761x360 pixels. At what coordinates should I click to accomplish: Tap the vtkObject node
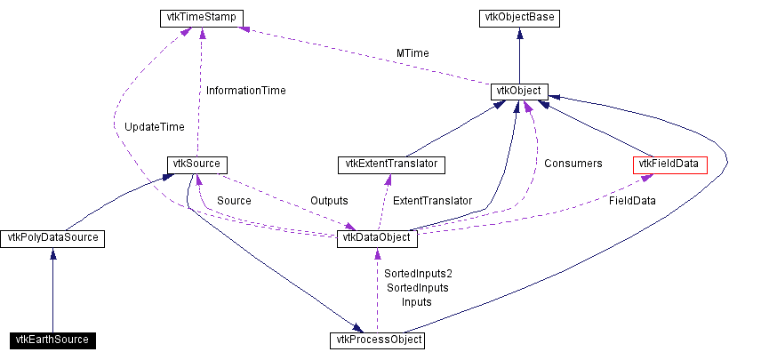coord(519,91)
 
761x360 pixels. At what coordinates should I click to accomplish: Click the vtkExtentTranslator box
coord(391,164)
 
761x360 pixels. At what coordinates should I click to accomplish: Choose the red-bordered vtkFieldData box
coord(669,164)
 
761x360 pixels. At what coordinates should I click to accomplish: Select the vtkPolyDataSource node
coord(53,238)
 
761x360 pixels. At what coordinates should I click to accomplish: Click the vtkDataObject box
coord(377,238)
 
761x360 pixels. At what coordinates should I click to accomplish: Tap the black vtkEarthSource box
coord(52,340)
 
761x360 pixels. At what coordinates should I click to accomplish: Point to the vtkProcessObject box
coord(377,340)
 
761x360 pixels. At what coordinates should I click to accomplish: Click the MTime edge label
coord(413,53)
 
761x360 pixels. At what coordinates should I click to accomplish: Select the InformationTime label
coord(245,90)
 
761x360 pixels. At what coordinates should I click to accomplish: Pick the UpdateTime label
coord(155,127)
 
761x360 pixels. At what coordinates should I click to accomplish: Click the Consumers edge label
coord(573,164)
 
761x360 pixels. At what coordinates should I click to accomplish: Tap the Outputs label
coord(329,201)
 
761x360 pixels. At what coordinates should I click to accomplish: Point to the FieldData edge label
coord(632,201)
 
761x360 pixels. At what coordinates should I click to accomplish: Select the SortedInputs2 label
coord(418,274)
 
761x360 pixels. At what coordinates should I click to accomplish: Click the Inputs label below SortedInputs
coord(416,302)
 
